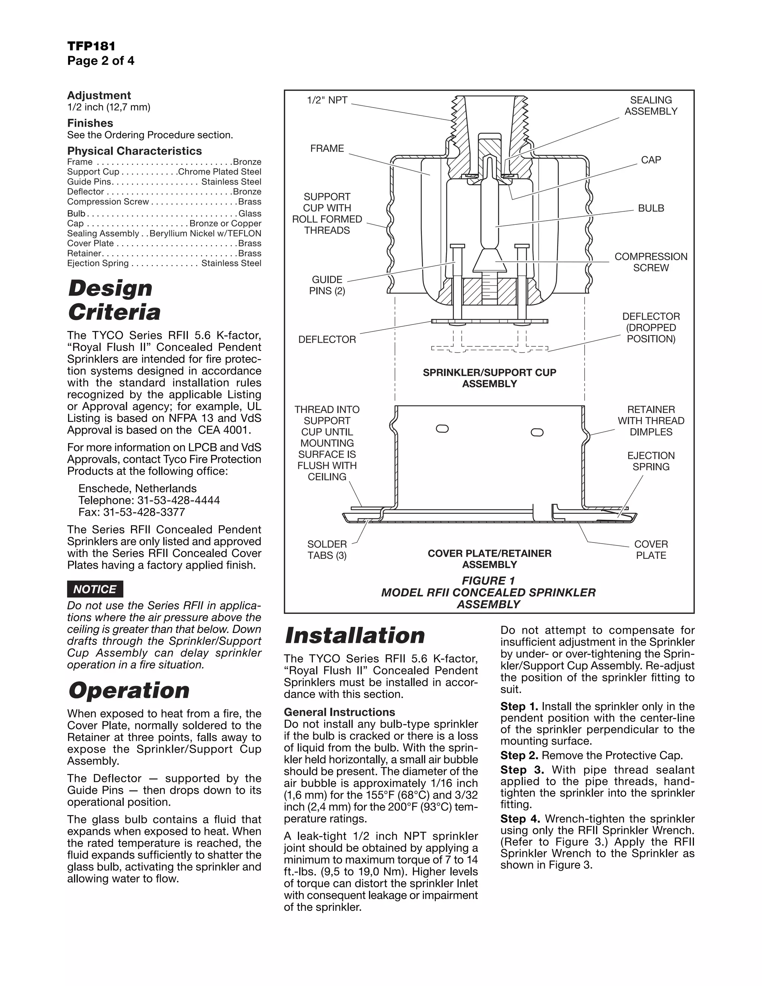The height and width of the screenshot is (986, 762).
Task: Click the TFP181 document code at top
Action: coord(91,46)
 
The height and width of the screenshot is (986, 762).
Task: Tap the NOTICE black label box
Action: coord(95,589)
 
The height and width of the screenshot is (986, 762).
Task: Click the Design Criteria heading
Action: coord(114,300)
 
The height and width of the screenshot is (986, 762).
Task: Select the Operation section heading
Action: coord(129,691)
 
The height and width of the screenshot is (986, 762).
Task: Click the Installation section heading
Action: coord(355,635)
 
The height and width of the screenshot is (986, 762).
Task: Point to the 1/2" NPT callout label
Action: coord(327,100)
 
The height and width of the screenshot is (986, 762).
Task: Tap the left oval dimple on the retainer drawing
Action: coord(442,428)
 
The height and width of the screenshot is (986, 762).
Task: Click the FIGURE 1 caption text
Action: coord(488,580)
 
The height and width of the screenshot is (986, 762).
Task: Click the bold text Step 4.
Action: coord(521,819)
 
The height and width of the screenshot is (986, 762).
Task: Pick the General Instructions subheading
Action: coord(339,712)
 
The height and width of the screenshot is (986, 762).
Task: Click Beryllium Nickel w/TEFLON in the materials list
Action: coord(205,233)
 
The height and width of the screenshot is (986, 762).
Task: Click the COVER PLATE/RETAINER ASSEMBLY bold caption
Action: coord(489,558)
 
